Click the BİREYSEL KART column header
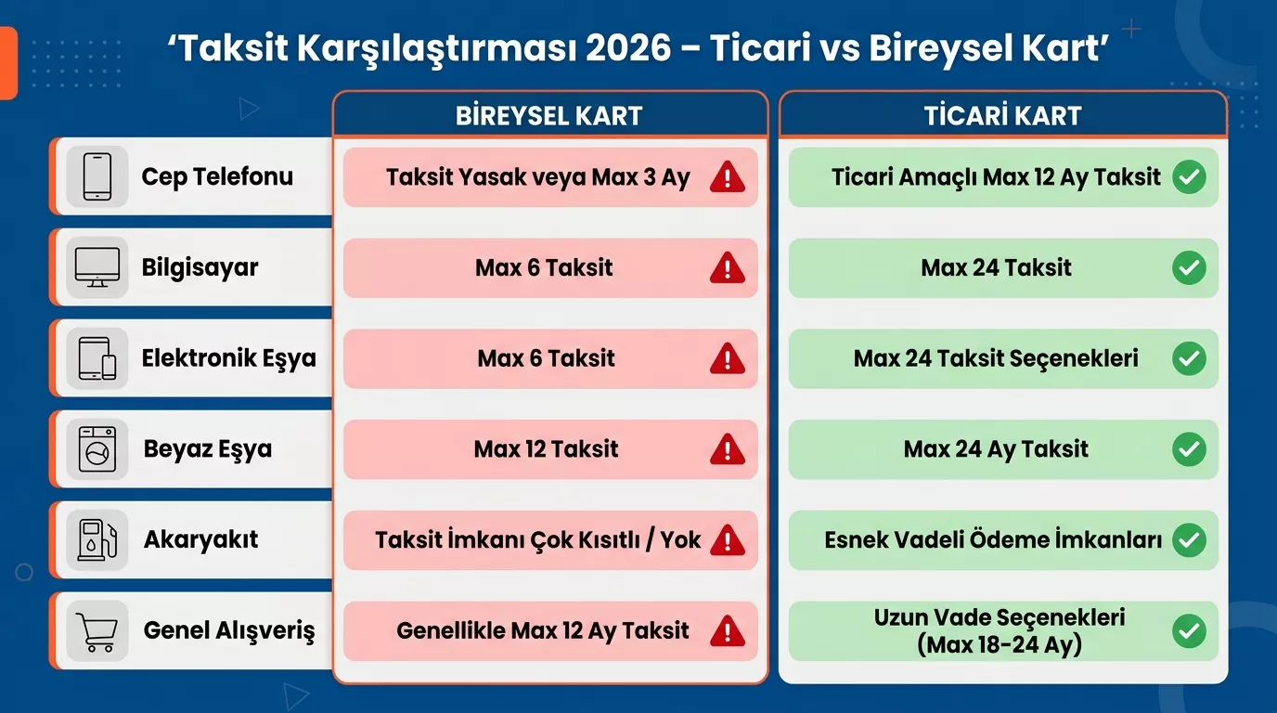coord(549,115)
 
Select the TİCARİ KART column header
coord(1002,115)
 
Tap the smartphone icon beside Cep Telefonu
coord(97,176)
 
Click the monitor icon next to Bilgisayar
coord(97,267)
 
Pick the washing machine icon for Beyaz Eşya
coord(97,449)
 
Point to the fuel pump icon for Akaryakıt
coord(97,539)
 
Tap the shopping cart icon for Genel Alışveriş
coord(97,631)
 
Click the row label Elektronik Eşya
coord(228,358)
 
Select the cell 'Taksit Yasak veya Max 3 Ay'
coord(538,177)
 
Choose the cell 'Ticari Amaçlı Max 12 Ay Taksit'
coord(996,176)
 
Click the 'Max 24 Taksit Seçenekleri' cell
coord(996,358)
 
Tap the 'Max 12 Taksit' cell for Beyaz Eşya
coord(546,449)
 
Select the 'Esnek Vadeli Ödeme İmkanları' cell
coord(993,539)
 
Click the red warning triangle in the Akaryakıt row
coord(728,540)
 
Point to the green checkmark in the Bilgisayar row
coord(1189,268)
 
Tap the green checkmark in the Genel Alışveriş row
coord(1189,631)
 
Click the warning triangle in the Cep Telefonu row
coord(728,177)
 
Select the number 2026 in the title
coord(628,48)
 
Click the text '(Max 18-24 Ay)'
coord(1000,645)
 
